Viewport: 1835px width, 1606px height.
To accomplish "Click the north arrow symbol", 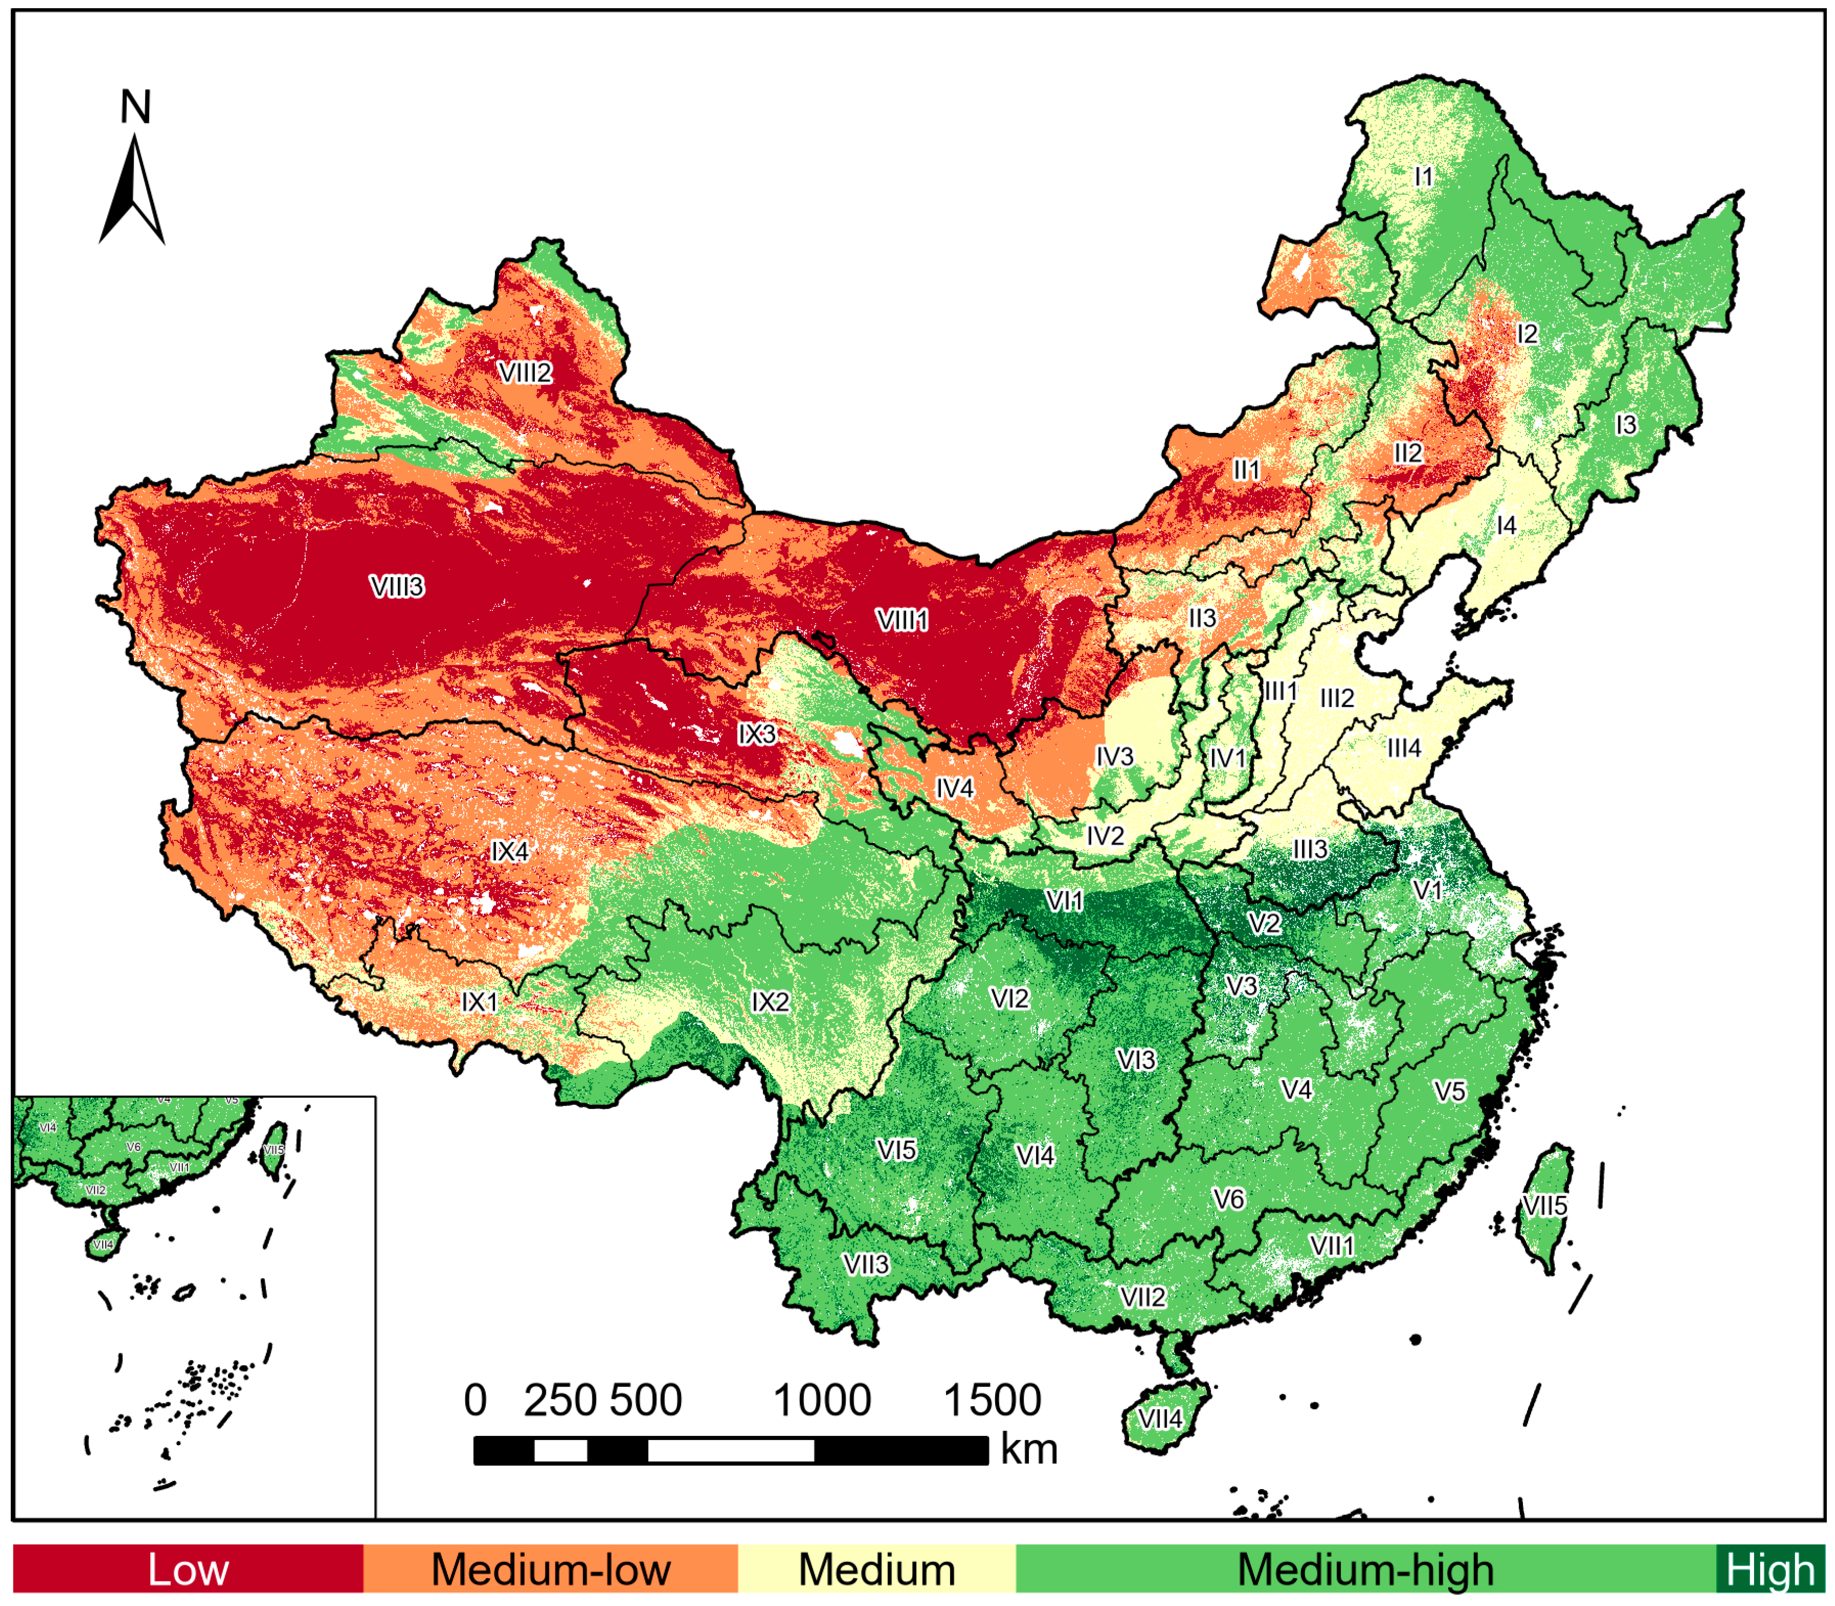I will (x=133, y=190).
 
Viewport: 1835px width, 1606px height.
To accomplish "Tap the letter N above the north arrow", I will (x=135, y=108).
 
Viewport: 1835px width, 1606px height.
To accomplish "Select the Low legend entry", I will (x=188, y=1569).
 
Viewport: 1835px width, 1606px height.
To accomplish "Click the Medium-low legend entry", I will (x=550, y=1569).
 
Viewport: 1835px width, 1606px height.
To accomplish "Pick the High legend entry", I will (x=1769, y=1569).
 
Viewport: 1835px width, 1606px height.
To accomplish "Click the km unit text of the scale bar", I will (x=1028, y=1449).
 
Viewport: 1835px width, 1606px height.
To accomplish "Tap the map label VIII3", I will (x=397, y=587).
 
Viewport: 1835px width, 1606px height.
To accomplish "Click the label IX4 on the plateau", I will (x=510, y=851).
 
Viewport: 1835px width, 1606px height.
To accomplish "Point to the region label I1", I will (x=1424, y=177).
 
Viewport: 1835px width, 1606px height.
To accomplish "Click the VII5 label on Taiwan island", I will (x=1544, y=1205).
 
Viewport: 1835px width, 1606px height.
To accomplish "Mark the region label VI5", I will (x=896, y=1150).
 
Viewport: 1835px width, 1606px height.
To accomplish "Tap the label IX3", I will (x=757, y=734).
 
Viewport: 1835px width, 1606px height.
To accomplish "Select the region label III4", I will (x=1404, y=748).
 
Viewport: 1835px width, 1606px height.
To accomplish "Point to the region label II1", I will (x=1246, y=469).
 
